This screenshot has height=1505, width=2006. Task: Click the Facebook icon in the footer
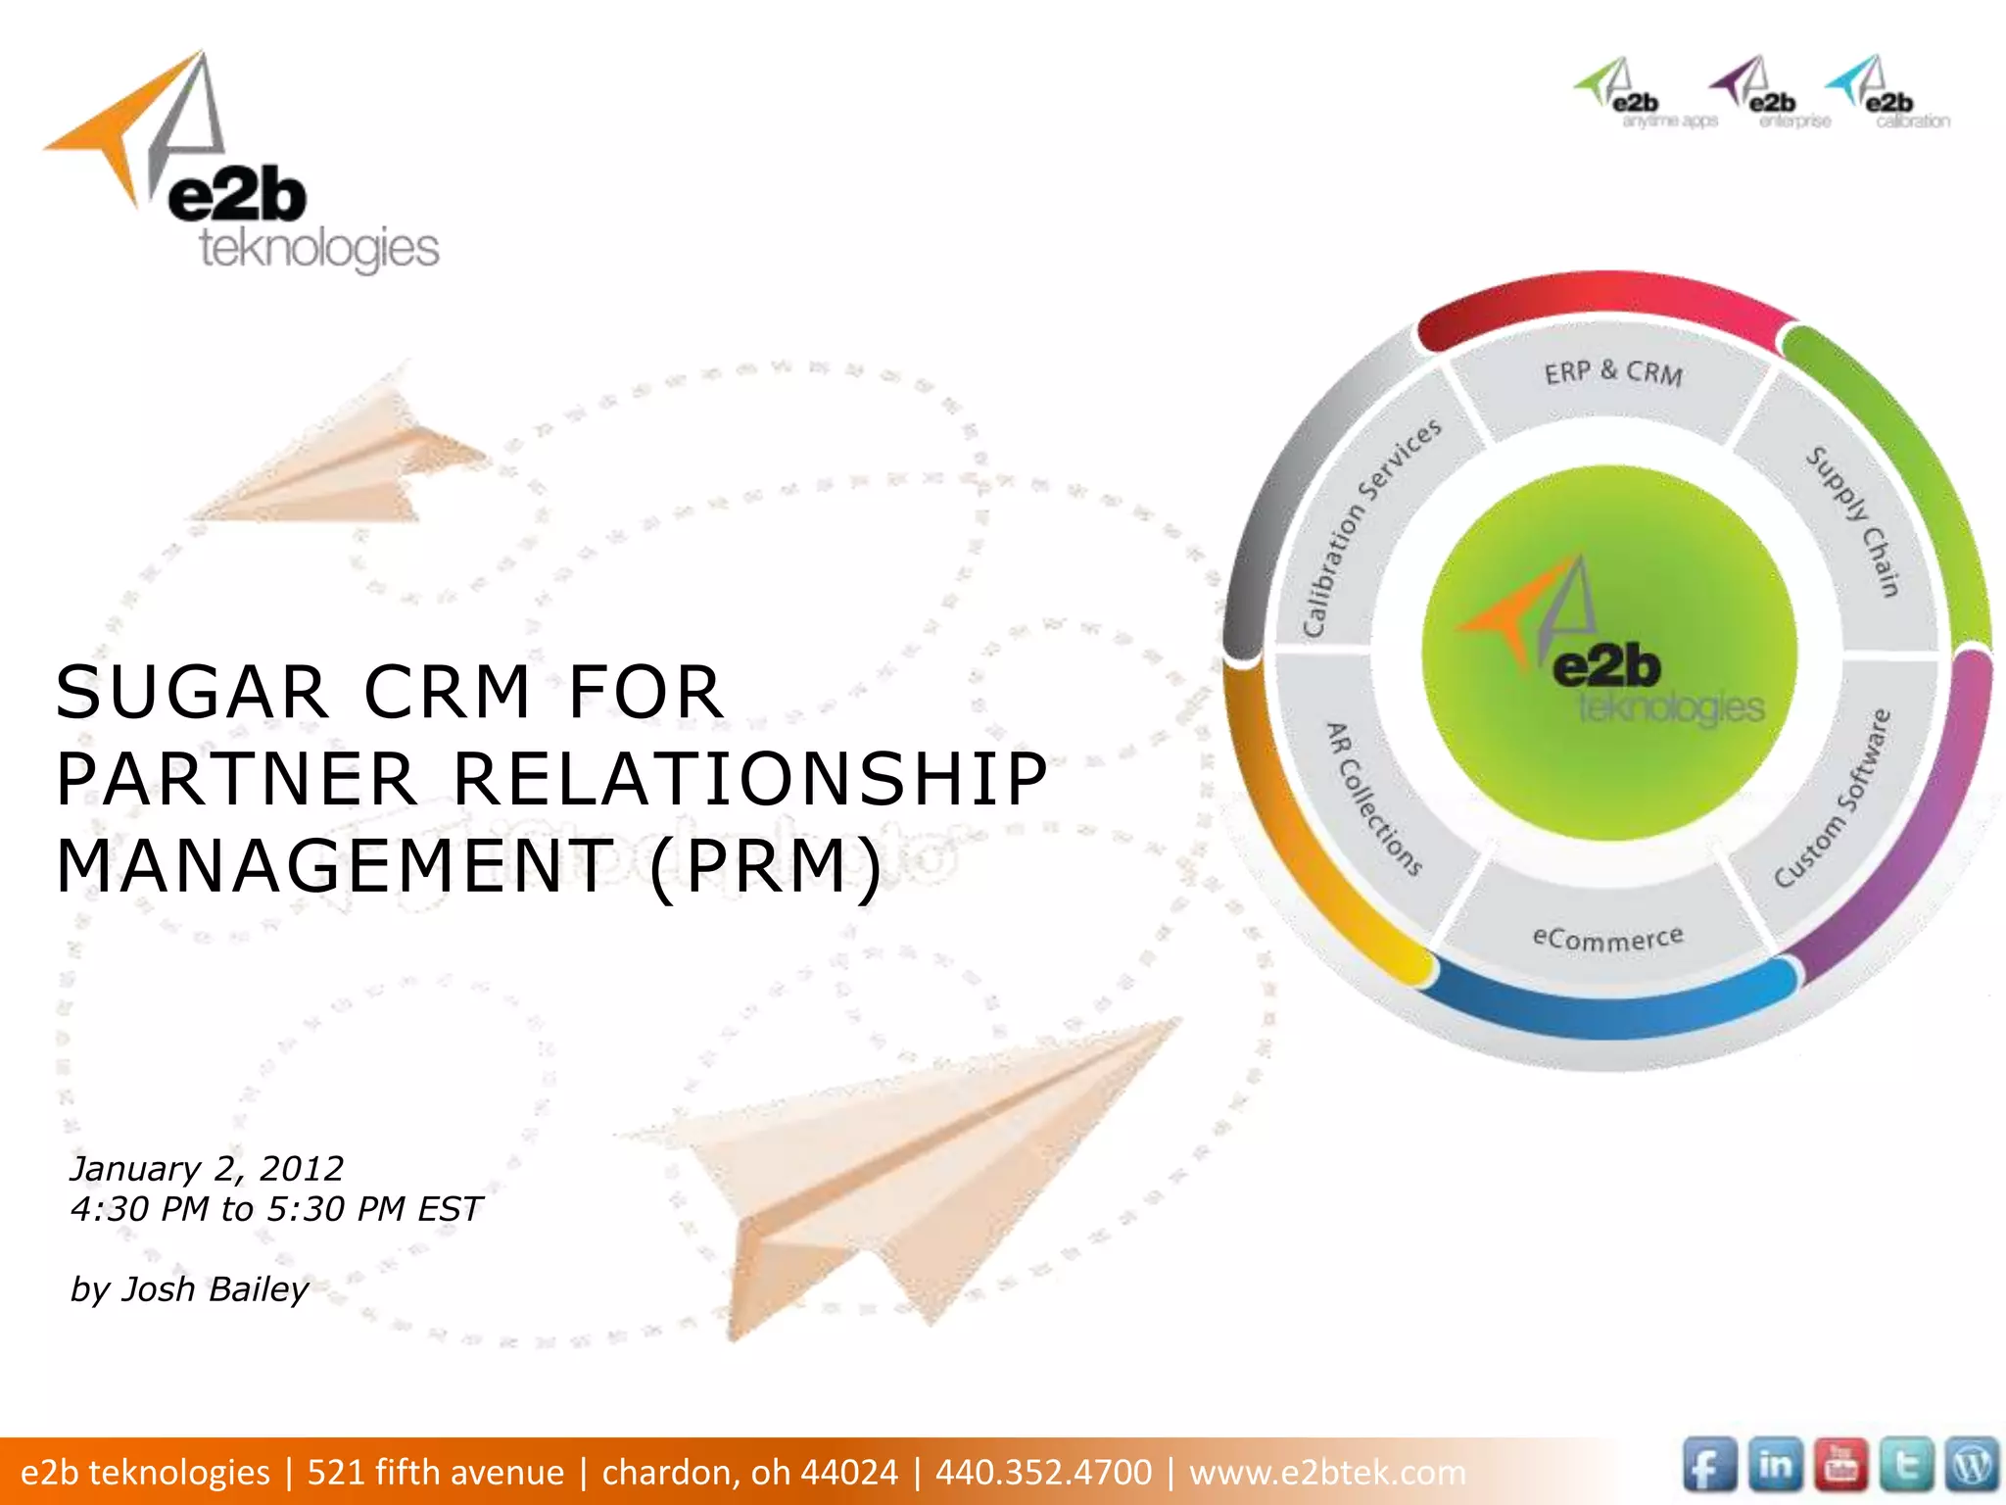[x=1710, y=1468]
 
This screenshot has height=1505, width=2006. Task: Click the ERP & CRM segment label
[x=1613, y=373]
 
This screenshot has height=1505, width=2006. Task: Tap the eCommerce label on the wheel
[x=1607, y=938]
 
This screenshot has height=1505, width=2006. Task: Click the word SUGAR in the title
[x=191, y=692]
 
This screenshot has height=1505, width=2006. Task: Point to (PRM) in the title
[x=765, y=866]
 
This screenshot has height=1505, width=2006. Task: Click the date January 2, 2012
[x=207, y=1168]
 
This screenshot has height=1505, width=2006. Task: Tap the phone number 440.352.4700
[x=1043, y=1472]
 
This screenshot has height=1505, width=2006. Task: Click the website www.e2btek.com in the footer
[x=1327, y=1472]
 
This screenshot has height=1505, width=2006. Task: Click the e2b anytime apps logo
[x=1646, y=94]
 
